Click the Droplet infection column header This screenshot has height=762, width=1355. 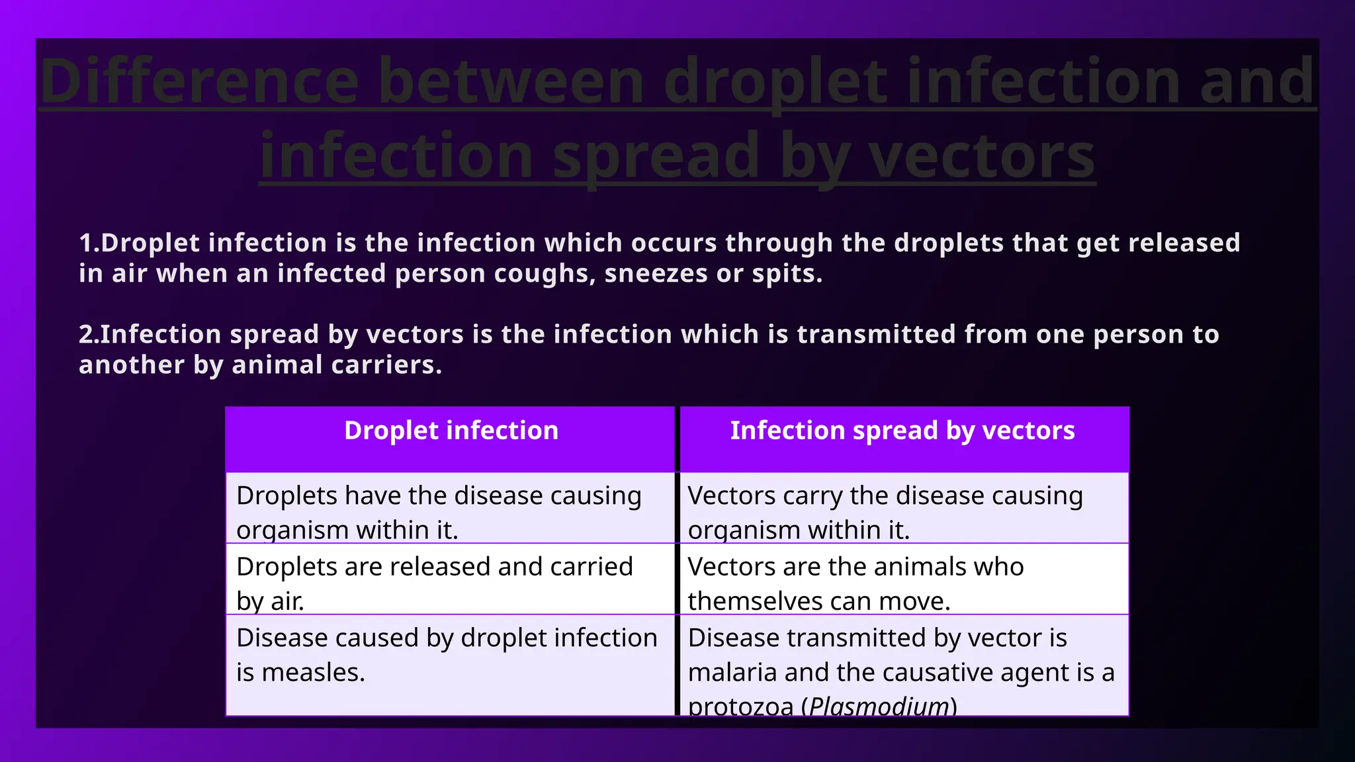click(x=451, y=431)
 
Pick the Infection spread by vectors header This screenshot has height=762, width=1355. click(x=902, y=431)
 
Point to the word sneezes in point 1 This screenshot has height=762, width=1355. click(x=656, y=274)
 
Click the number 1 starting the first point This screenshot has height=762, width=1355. click(x=85, y=243)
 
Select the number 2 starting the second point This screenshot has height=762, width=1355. click(x=85, y=335)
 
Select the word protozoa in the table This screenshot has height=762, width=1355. click(x=740, y=706)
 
